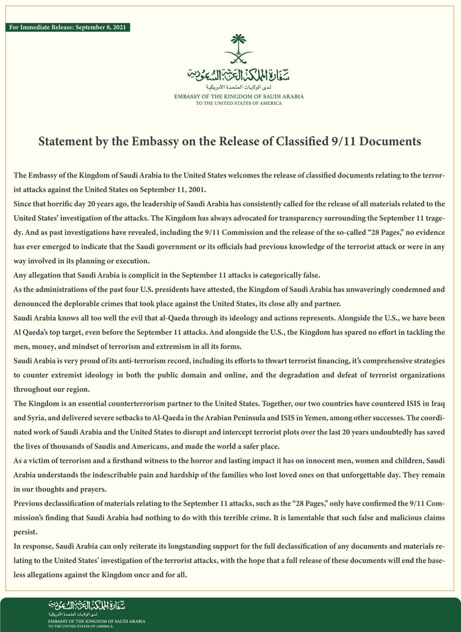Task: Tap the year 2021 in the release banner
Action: tap(116, 27)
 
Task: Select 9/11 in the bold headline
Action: tap(325, 142)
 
